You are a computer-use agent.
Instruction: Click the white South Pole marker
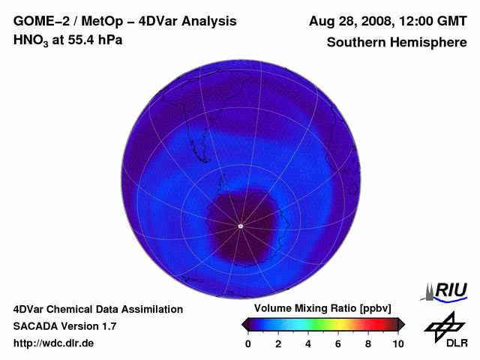point(240,226)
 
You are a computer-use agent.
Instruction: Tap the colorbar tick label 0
point(248,343)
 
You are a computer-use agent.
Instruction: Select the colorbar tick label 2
point(278,343)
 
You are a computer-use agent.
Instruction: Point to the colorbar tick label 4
point(308,343)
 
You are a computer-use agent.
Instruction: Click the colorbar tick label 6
point(338,343)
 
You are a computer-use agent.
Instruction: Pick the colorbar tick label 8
point(368,343)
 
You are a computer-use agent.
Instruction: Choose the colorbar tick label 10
point(398,343)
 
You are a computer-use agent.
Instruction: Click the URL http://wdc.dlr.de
point(54,343)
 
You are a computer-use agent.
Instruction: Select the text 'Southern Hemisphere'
point(397,42)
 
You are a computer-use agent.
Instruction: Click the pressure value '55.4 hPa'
point(96,40)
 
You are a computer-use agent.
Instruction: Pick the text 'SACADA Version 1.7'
point(64,326)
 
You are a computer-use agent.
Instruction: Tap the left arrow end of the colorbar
point(244,324)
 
